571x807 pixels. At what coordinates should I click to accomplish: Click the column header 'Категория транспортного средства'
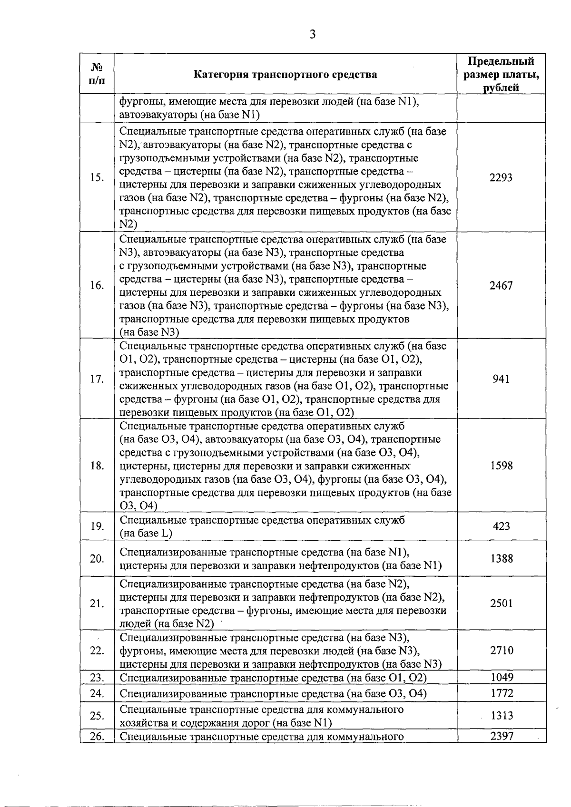(x=285, y=74)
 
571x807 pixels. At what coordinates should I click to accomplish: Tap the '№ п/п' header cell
(x=97, y=74)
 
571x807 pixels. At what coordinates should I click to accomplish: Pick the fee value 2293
(x=501, y=177)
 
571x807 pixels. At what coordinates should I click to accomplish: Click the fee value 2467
(x=501, y=285)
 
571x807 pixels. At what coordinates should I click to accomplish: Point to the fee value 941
(x=501, y=379)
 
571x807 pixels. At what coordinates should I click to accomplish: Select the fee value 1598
(x=501, y=466)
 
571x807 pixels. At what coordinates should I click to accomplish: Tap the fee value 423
(x=501, y=526)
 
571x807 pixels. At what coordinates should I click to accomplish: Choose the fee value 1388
(x=501, y=558)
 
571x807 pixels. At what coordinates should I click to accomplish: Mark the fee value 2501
(x=501, y=603)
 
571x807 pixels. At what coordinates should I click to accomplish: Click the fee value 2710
(x=501, y=651)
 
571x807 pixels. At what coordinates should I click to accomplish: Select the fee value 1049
(x=501, y=677)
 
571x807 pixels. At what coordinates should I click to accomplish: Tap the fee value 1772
(x=501, y=693)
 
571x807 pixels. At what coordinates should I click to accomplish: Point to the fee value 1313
(x=502, y=716)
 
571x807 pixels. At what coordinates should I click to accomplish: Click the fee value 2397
(x=501, y=737)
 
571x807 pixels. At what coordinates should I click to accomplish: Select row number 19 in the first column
(x=97, y=526)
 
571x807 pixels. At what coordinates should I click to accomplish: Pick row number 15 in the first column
(x=97, y=177)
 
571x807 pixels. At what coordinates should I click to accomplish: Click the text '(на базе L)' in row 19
(x=146, y=533)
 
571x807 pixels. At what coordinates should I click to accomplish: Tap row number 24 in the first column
(x=97, y=693)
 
